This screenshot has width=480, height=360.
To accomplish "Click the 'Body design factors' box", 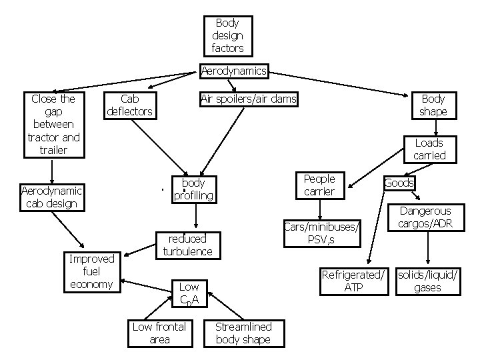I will click(228, 35).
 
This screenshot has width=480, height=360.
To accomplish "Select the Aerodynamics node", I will click(234, 71).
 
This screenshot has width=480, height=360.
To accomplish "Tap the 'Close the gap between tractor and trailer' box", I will click(53, 125).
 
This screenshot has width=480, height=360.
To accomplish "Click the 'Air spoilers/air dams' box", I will click(249, 99).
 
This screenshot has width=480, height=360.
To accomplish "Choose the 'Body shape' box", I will click(433, 105).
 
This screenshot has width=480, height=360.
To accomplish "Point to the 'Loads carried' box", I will click(429, 149).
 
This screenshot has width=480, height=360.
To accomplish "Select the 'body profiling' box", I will click(193, 189).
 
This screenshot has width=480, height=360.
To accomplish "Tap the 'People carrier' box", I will click(319, 185).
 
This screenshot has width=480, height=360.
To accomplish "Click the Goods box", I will click(399, 183).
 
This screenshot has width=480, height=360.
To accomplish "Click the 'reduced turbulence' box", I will click(187, 245).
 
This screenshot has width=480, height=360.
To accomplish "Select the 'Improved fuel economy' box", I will click(91, 271).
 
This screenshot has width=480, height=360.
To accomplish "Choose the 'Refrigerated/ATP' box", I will click(353, 281).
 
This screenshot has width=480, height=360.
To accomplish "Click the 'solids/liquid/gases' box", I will click(428, 281).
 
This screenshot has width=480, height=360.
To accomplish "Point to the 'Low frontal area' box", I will click(159, 333).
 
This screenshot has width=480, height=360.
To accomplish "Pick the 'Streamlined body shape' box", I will click(243, 333).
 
